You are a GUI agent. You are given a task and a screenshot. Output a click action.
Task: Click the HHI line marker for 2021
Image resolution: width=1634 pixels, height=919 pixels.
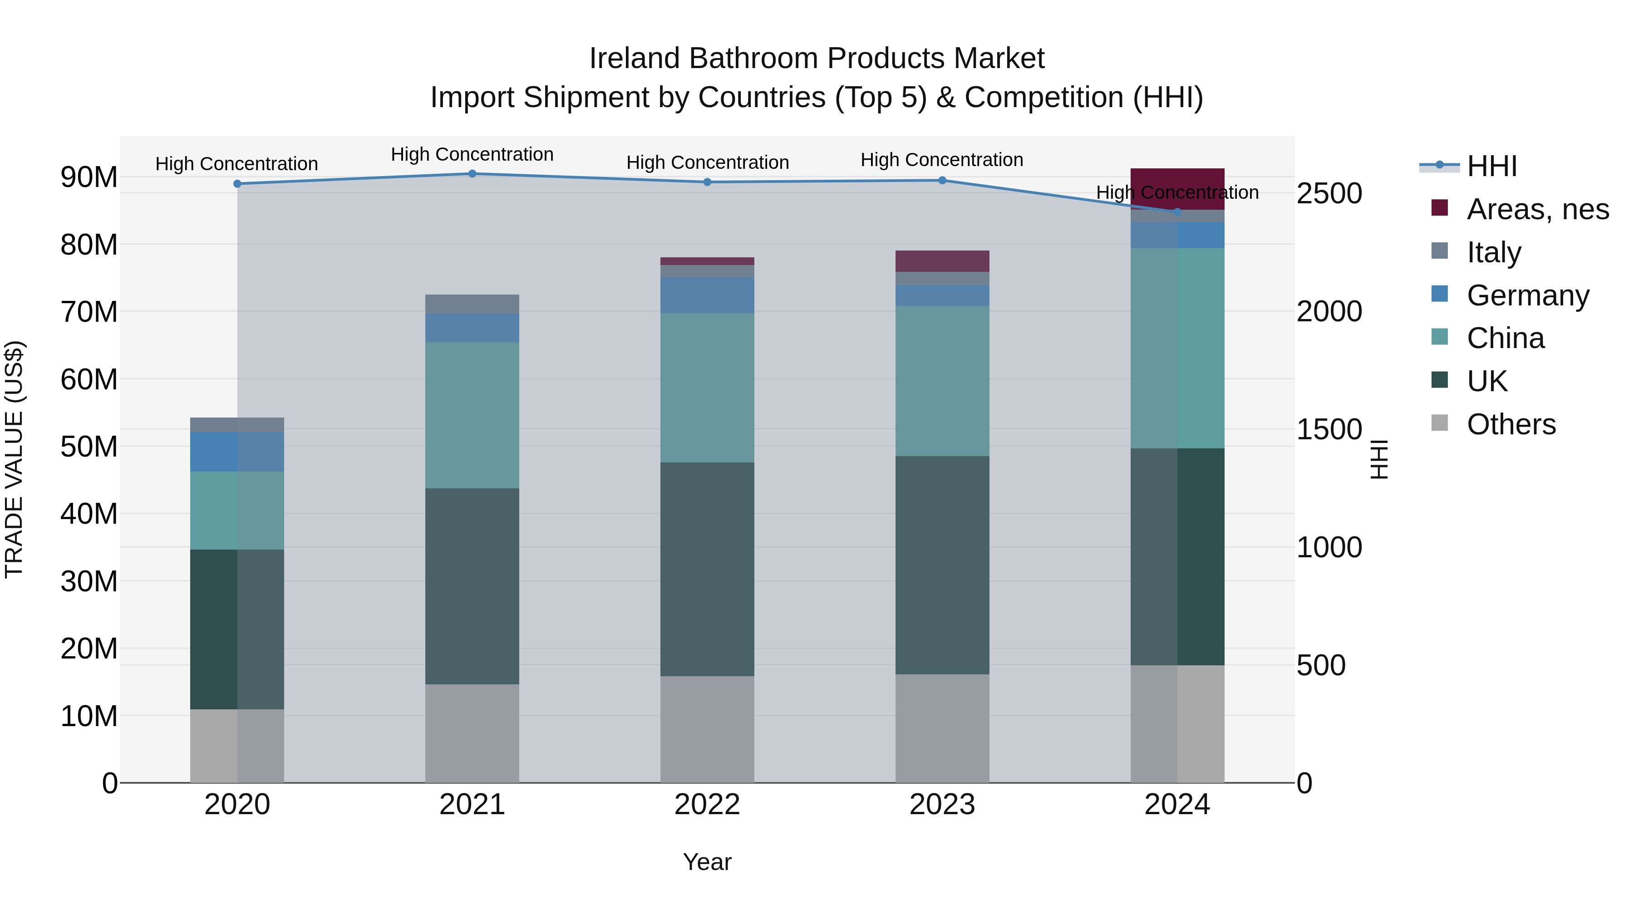(x=472, y=174)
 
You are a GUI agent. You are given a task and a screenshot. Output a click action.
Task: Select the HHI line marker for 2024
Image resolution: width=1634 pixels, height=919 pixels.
(x=1177, y=212)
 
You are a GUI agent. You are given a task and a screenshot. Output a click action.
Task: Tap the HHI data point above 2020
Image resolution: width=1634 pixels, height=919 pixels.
(x=237, y=184)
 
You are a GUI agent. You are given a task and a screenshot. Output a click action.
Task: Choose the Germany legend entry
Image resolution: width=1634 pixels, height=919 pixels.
(x=1527, y=295)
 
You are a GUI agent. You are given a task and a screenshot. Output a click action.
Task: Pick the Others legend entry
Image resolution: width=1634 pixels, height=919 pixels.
(x=1511, y=424)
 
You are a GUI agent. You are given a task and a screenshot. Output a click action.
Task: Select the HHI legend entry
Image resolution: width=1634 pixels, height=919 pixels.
(x=1491, y=166)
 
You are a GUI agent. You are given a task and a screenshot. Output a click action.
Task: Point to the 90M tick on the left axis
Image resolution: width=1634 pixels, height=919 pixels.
(x=89, y=177)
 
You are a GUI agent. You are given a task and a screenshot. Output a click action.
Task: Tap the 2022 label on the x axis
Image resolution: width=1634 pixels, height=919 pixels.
(x=707, y=805)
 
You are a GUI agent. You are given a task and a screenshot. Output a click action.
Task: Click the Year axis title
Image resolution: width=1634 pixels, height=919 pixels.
(x=707, y=862)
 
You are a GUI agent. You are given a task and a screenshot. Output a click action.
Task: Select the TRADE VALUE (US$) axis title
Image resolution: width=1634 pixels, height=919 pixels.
(x=14, y=459)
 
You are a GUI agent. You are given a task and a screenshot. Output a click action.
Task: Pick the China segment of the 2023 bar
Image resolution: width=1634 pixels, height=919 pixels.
(x=942, y=381)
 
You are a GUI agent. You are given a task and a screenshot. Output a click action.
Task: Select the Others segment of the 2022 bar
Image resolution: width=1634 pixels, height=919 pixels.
(x=707, y=729)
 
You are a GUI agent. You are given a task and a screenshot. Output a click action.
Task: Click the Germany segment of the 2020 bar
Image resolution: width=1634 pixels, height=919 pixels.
(x=237, y=452)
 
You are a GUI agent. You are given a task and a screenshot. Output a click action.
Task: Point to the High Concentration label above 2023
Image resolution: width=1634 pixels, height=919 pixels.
(x=942, y=160)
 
